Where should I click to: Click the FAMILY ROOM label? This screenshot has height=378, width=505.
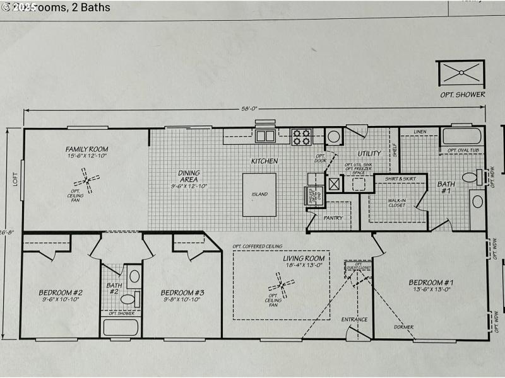click(x=86, y=149)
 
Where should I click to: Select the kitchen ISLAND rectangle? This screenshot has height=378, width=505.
click(x=259, y=195)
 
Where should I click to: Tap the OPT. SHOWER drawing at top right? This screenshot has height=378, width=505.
click(x=460, y=74)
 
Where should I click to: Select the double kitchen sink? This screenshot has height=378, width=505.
click(x=264, y=135)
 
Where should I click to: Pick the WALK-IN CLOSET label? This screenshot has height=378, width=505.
click(x=397, y=203)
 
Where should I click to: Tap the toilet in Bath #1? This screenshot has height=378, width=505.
click(x=472, y=178)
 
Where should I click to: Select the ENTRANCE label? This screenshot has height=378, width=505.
click(x=354, y=319)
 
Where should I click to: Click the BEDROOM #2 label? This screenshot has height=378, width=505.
click(x=61, y=292)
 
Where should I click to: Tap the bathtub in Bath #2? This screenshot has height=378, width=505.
click(x=121, y=327)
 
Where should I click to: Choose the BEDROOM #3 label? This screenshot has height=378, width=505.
click(x=182, y=292)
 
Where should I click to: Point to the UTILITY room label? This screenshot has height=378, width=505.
click(x=369, y=153)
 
